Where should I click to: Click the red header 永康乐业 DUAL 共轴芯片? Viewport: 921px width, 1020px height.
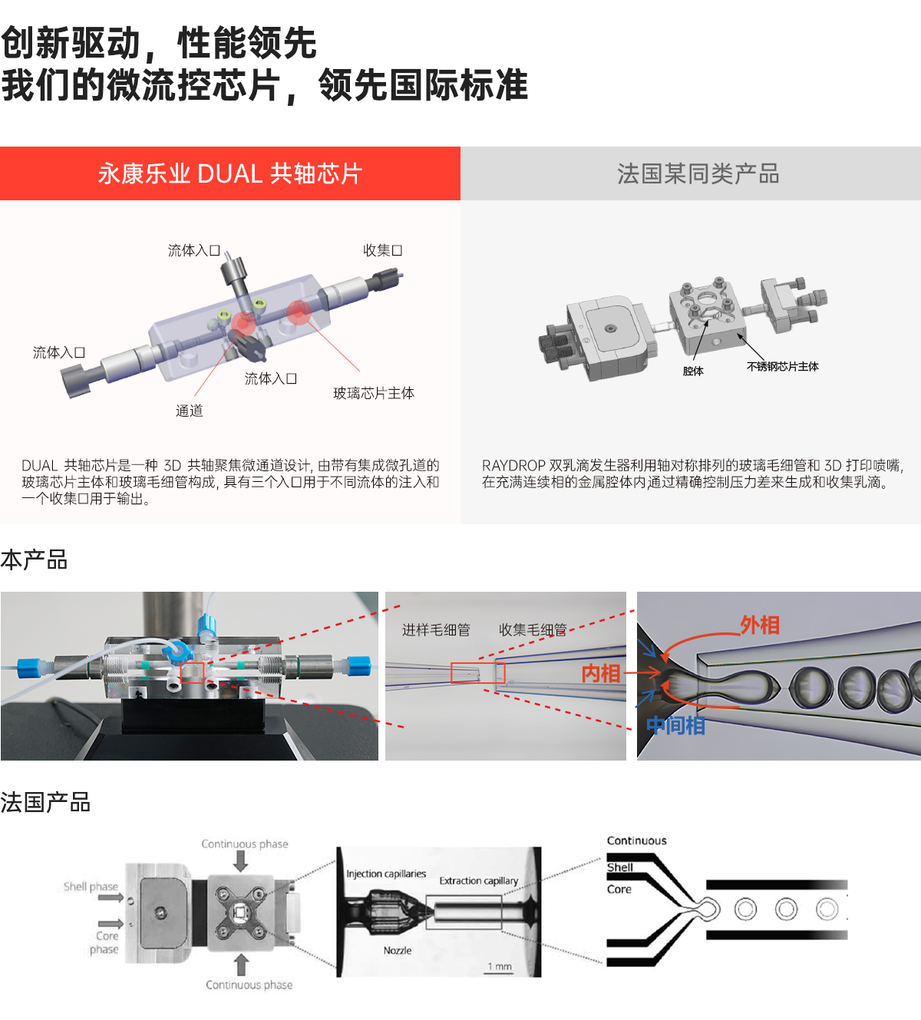coord(229,173)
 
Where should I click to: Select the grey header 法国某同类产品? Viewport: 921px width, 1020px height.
coord(698,173)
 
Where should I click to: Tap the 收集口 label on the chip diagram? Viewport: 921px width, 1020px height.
coord(382,250)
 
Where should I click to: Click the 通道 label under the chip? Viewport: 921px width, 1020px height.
coord(189,411)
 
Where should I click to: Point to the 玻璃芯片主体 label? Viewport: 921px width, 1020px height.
coord(373,393)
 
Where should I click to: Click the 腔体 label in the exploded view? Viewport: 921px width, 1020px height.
coord(692,371)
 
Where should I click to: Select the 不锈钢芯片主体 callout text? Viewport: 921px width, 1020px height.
coord(782,366)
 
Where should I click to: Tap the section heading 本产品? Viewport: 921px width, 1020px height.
coord(34,560)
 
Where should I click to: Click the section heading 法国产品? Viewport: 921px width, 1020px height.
coord(45,802)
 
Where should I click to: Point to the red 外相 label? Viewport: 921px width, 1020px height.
coord(759,625)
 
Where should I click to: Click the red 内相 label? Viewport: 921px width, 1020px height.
coord(600,673)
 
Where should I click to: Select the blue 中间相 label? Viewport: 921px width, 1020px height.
coord(675,725)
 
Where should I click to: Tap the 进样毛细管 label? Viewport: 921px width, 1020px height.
coord(436,629)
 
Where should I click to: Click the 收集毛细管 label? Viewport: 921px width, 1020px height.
coord(532,629)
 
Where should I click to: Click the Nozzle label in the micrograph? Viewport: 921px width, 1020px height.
coord(397,950)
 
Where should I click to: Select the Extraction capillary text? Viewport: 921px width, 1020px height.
coord(478,880)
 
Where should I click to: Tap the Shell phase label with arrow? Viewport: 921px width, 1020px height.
coord(91,886)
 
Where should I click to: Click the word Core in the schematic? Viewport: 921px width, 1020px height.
coord(619,889)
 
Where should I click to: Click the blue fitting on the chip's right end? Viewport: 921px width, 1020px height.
coord(359,665)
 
